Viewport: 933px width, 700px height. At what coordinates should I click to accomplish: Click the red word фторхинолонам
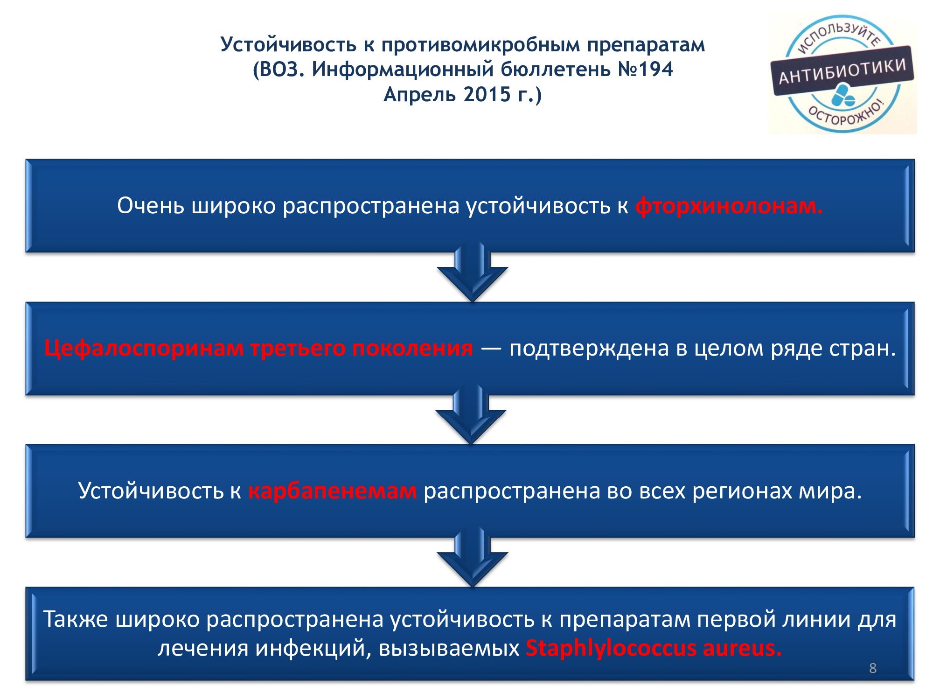[729, 206]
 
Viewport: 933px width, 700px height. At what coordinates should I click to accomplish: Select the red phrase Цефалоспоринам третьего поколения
[258, 348]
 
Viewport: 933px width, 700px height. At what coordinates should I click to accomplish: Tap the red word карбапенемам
[332, 491]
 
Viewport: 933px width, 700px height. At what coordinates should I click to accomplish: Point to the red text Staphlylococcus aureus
[654, 648]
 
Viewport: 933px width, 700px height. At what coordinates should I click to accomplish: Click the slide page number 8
[873, 668]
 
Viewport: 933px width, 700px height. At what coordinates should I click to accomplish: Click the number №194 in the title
[645, 70]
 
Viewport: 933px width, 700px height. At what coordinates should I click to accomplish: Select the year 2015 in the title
[487, 94]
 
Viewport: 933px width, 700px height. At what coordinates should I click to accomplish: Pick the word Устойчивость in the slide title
[288, 45]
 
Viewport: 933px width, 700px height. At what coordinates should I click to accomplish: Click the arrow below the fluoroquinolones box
[472, 273]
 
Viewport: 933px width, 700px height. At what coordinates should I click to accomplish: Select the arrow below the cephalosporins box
[471, 415]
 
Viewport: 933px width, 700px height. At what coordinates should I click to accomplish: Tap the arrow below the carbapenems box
[472, 558]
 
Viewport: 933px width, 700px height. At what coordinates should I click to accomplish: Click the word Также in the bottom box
[76, 619]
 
